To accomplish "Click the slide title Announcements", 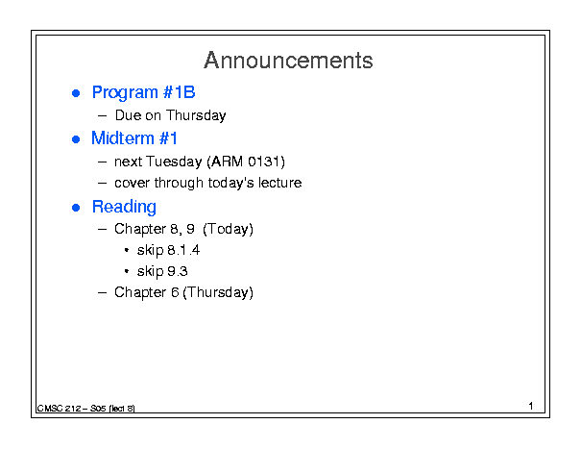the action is coord(288,61).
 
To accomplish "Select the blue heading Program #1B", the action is coord(143,92).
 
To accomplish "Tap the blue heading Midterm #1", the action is coord(134,138).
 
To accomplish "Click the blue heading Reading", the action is coord(124,207).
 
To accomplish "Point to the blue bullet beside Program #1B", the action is coord(76,93).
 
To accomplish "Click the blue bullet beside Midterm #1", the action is coord(76,139).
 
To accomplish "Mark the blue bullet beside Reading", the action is coord(76,208).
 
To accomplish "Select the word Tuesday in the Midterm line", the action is coord(174,162).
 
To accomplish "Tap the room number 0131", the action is coord(264,162).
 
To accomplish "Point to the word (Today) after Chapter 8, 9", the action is coord(229,229).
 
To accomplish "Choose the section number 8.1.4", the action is coord(183,250).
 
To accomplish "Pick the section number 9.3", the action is coord(178,271).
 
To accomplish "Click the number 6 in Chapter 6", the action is coord(175,292).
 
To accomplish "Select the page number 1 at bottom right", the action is coord(531,406).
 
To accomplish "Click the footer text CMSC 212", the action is coord(59,409).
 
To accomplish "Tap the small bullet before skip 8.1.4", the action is coord(127,250).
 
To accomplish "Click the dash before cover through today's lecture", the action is coord(102,183).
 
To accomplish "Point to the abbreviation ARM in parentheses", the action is coord(228,162).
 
